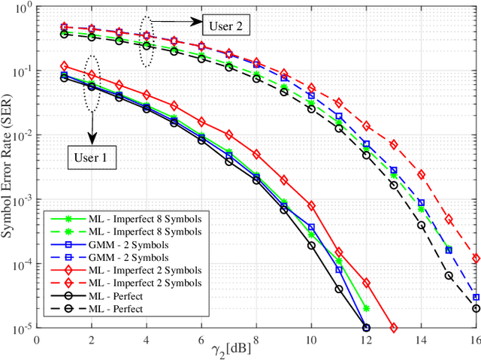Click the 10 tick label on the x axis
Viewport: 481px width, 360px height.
[311, 340]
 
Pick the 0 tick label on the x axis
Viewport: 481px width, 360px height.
[37, 340]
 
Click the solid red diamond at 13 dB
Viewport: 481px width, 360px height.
[394, 328]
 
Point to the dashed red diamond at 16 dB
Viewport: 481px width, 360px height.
[476, 258]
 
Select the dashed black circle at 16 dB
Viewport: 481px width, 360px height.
[476, 308]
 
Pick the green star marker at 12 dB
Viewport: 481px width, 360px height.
[366, 308]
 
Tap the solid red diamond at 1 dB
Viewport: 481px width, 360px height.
[64, 65]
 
